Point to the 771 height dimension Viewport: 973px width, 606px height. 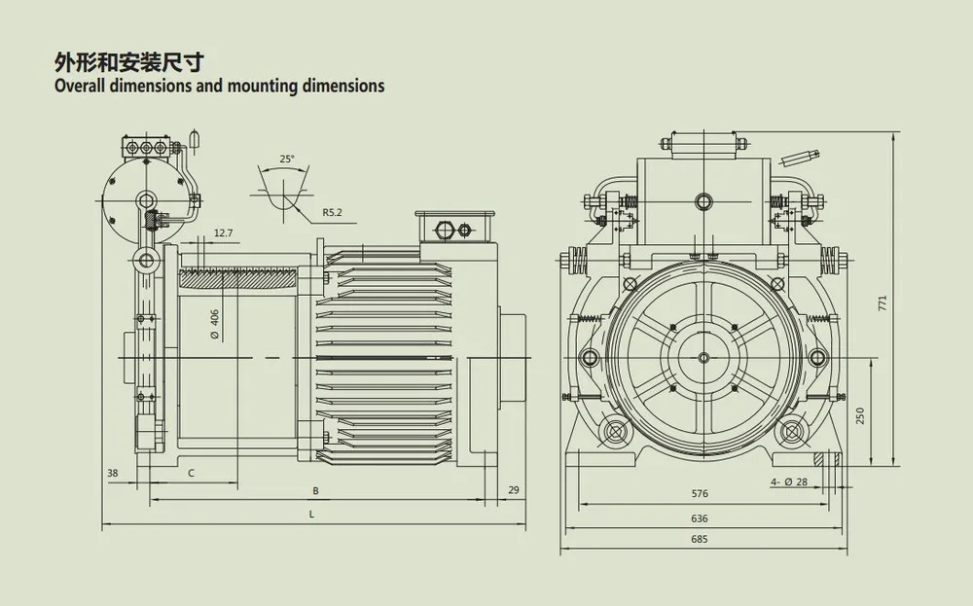coord(883,303)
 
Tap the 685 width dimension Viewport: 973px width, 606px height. coord(698,539)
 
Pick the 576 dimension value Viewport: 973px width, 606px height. coord(698,494)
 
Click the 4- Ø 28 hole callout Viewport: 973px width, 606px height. coord(788,482)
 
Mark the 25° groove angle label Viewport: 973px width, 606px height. coord(285,158)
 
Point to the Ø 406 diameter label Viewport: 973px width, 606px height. coord(214,322)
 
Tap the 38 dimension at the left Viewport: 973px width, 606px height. coord(113,473)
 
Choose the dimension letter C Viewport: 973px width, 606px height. coord(191,473)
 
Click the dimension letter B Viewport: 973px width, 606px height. coord(314,490)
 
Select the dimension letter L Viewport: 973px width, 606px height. coord(310,513)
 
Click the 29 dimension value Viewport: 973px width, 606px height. coord(514,490)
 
